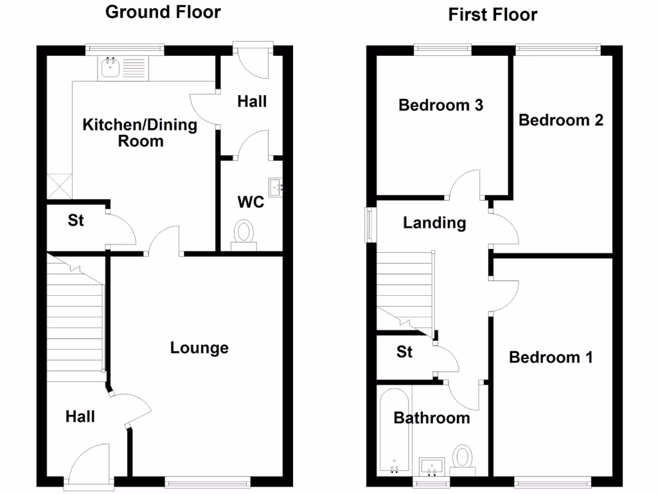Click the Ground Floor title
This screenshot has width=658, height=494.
tap(163, 12)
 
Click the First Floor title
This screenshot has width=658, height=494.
tap(492, 14)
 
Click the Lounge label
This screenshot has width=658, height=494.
tap(199, 348)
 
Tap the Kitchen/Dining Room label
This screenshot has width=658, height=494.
tap(140, 133)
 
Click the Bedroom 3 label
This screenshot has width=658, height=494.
tap(441, 105)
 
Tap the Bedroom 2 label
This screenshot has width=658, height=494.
tap(561, 120)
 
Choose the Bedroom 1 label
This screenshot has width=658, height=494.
tap(551, 357)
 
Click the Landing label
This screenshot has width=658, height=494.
tap(434, 223)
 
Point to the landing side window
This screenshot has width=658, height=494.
tap(370, 224)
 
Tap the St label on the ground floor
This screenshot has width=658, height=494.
tap(76, 221)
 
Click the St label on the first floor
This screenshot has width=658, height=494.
tap(404, 352)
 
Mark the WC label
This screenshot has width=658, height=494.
tap(251, 203)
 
